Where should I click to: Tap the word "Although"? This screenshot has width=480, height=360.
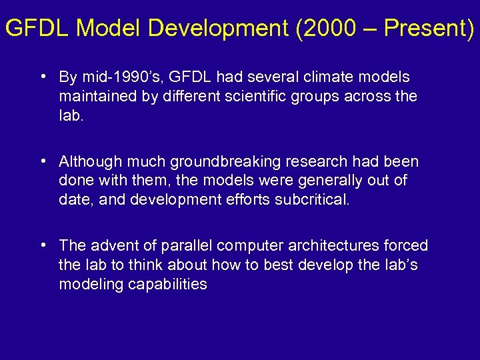(x=87, y=161)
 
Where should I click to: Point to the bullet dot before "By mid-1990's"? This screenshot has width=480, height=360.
(x=42, y=77)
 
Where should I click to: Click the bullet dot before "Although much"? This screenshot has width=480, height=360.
(x=42, y=161)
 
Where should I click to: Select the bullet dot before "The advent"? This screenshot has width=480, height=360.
(x=42, y=245)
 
